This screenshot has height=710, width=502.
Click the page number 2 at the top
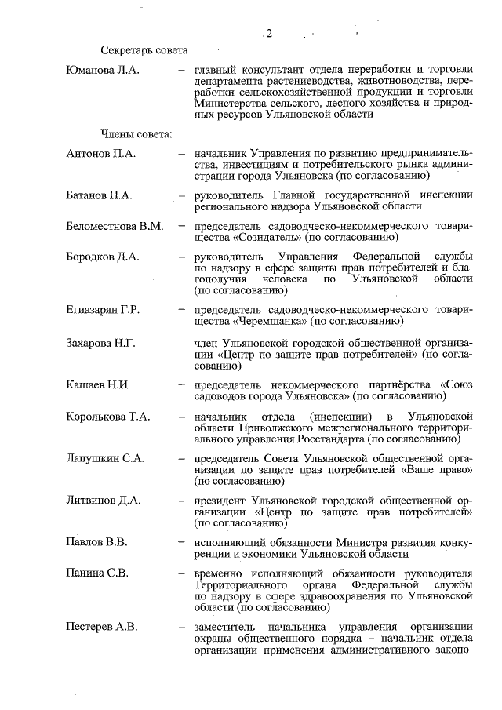tap(268, 33)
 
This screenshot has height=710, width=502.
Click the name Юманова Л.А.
tap(102, 71)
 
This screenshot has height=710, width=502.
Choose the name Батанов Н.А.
tap(99, 195)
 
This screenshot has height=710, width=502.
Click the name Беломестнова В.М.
tap(115, 227)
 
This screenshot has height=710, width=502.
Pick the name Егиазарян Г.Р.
tap(104, 310)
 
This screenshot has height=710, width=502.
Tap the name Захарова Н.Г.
tap(102, 343)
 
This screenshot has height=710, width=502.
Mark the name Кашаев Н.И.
tap(99, 385)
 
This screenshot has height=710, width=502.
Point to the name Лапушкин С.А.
tap(106, 458)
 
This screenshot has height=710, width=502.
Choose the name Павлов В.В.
tap(97, 542)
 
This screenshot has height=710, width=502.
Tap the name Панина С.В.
tap(98, 573)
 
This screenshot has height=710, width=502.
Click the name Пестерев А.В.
tap(104, 626)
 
